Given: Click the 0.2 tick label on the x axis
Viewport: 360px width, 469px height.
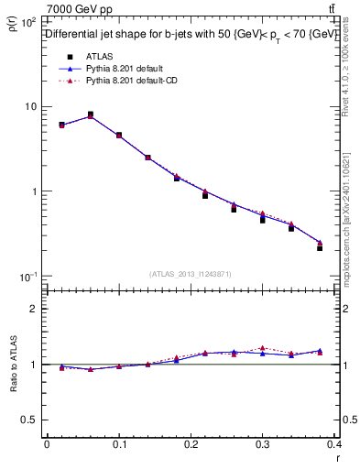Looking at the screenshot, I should click(x=191, y=444).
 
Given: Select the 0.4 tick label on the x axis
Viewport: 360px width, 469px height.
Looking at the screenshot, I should click(x=334, y=444).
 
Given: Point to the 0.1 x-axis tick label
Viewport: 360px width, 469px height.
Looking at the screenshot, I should click(x=118, y=444).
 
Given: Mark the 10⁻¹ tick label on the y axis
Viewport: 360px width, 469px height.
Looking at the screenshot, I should click(x=27, y=277).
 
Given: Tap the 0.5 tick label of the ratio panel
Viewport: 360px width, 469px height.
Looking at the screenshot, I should click(x=30, y=420).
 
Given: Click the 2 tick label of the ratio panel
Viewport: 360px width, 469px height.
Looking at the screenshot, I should click(x=35, y=309).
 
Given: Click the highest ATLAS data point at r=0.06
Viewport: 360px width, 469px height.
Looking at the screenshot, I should click(x=90, y=115).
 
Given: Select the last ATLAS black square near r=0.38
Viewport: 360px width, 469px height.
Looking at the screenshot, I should click(x=320, y=247).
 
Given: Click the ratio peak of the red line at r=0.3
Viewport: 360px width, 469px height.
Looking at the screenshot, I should click(x=262, y=348).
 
